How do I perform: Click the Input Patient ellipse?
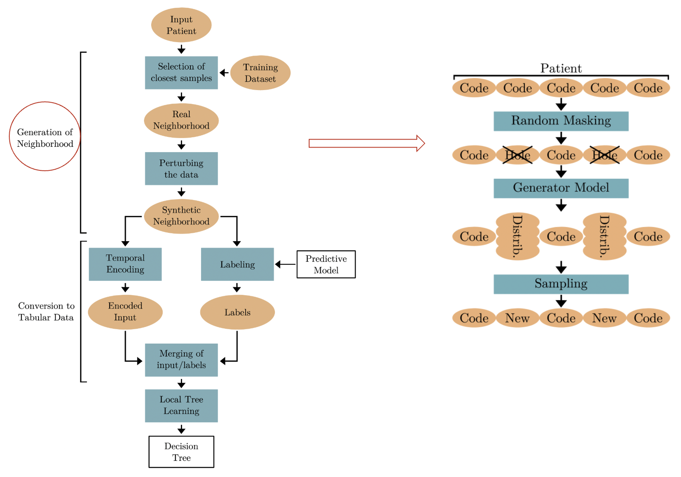click(181, 25)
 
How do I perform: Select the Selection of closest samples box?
click(181, 73)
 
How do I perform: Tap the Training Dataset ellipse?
click(260, 73)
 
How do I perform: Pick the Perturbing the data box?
click(181, 168)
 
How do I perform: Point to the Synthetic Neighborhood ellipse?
click(181, 216)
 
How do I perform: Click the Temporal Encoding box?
click(125, 264)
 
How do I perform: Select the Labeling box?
click(237, 264)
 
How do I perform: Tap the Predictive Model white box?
click(326, 264)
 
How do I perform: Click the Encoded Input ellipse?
click(125, 312)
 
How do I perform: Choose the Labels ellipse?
click(237, 312)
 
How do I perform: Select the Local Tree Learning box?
click(181, 405)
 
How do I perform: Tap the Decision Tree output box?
click(181, 452)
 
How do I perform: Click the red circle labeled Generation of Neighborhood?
click(45, 136)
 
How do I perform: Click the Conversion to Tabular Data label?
click(46, 312)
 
